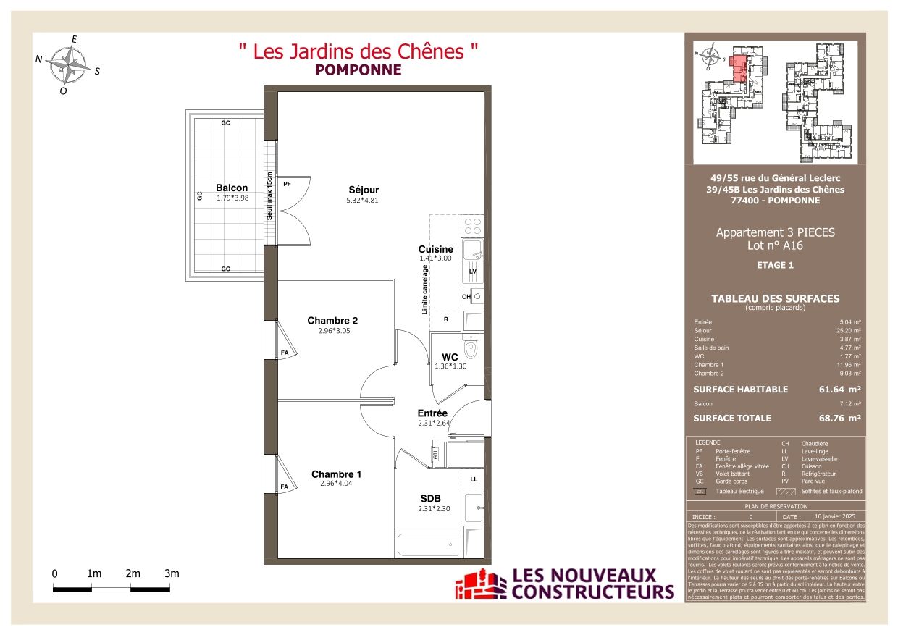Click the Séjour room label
tap(363, 190)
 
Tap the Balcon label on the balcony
tap(231, 188)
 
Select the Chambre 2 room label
tap(332, 321)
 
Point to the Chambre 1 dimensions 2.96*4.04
tap(336, 484)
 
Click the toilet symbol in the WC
tap(471, 350)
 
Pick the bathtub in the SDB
tap(427, 544)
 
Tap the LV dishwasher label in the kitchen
tap(472, 271)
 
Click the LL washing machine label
tap(474, 479)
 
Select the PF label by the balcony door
tap(287, 185)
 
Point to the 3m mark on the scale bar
tap(172, 573)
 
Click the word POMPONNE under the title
tap(358, 70)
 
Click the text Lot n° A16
tap(775, 245)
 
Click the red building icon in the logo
tap(480, 584)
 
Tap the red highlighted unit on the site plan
tap(739, 70)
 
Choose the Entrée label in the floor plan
tap(432, 413)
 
